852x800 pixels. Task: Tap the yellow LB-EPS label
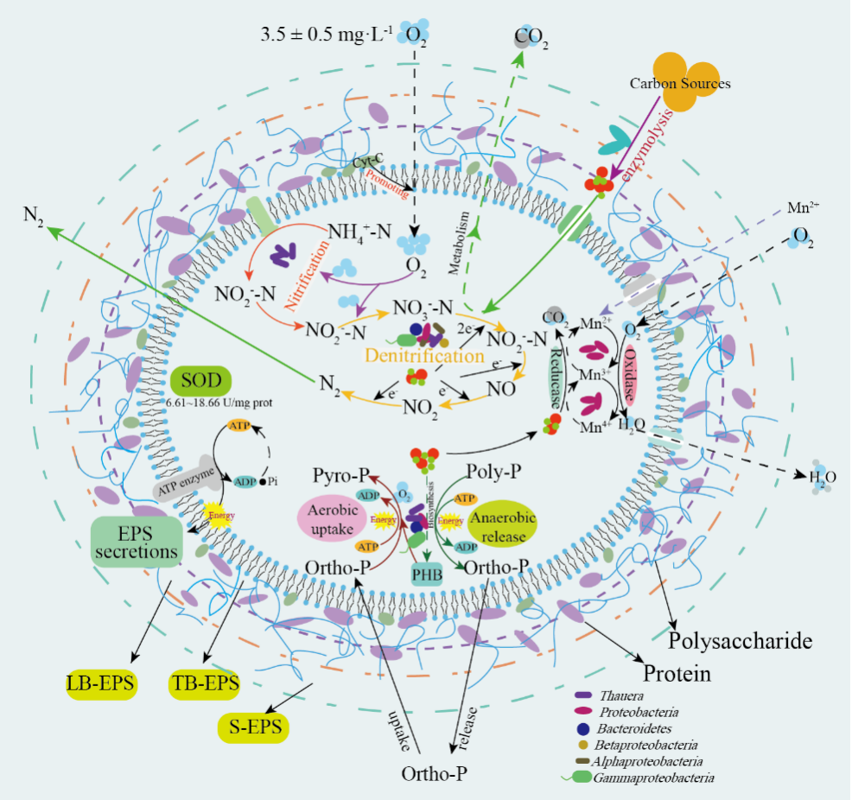tap(101, 685)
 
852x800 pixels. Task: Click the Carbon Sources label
tap(680, 84)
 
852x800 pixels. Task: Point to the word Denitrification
tap(424, 355)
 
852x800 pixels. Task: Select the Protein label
tap(676, 674)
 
